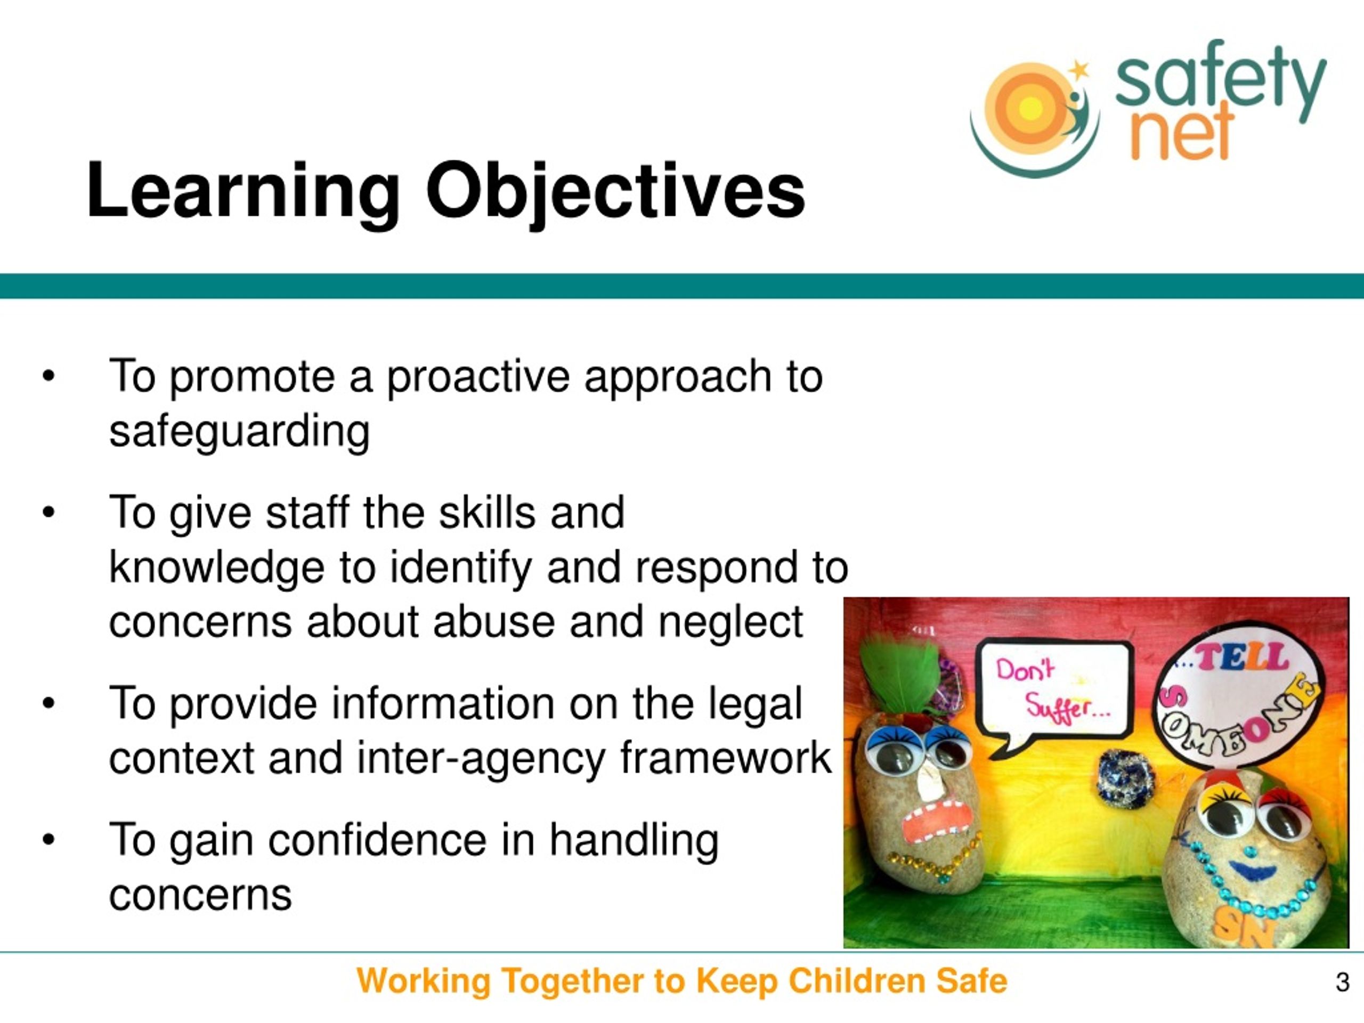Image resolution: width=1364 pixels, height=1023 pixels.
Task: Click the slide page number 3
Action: click(x=1342, y=981)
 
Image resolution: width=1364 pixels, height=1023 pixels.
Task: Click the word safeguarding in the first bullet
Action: click(x=239, y=432)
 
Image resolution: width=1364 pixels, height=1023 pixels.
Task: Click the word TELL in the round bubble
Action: click(x=1240, y=657)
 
